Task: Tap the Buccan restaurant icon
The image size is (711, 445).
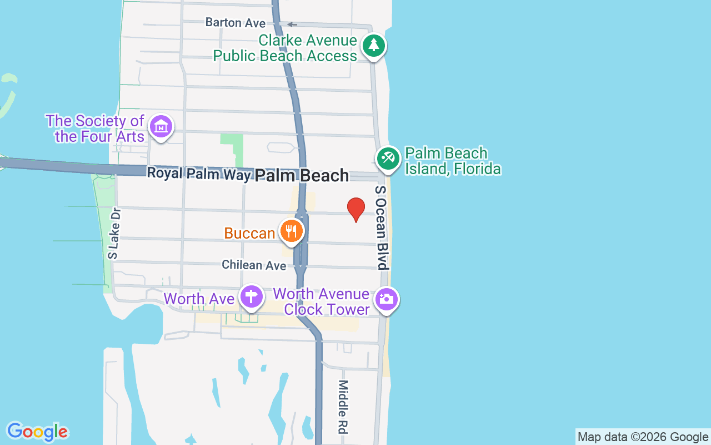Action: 291,231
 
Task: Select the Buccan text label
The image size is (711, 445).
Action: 249,233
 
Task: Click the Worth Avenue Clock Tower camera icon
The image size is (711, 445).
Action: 386,299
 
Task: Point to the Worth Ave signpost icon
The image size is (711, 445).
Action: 251,296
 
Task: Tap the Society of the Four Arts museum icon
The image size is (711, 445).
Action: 161,127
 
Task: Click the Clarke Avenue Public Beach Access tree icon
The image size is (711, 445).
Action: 373,45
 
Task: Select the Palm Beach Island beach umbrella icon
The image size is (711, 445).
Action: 388,158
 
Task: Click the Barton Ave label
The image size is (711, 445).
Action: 235,23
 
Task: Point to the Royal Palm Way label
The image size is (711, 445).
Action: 198,174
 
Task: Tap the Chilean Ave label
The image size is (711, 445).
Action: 254,265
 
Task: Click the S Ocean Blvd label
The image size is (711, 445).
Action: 380,228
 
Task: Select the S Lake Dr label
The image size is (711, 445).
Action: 114,234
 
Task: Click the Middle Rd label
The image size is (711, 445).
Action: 343,407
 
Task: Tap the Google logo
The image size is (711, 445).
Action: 37,432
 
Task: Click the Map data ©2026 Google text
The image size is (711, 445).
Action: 643,437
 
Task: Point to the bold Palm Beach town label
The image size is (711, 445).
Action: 302,176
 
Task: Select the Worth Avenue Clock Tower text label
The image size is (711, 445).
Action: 322,301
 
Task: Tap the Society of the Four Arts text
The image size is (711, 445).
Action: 96,128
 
